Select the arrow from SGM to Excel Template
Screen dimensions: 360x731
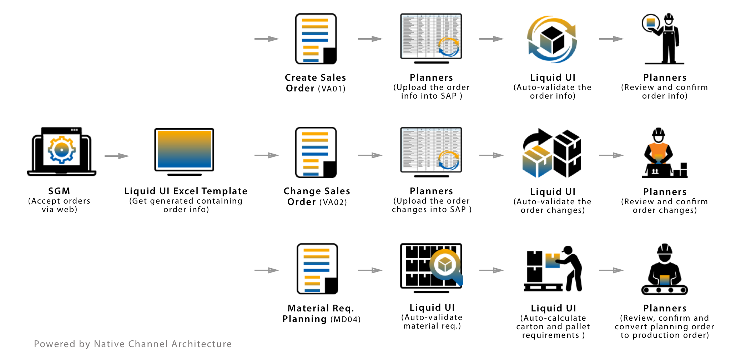click(x=116, y=156)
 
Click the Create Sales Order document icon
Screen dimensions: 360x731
click(x=316, y=39)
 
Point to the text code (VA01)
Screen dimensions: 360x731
click(x=332, y=89)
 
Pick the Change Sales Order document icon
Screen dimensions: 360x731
click(x=316, y=152)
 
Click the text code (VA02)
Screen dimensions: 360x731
click(x=333, y=202)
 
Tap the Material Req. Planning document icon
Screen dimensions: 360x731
click(x=317, y=269)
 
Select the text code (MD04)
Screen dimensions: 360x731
click(x=346, y=320)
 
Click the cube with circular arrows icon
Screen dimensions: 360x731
click(x=552, y=39)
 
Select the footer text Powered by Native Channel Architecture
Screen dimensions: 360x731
click(x=133, y=344)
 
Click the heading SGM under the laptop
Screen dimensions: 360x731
click(x=59, y=191)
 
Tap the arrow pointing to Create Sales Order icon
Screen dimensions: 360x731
click(x=266, y=39)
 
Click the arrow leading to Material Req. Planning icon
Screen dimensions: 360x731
click(x=266, y=270)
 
